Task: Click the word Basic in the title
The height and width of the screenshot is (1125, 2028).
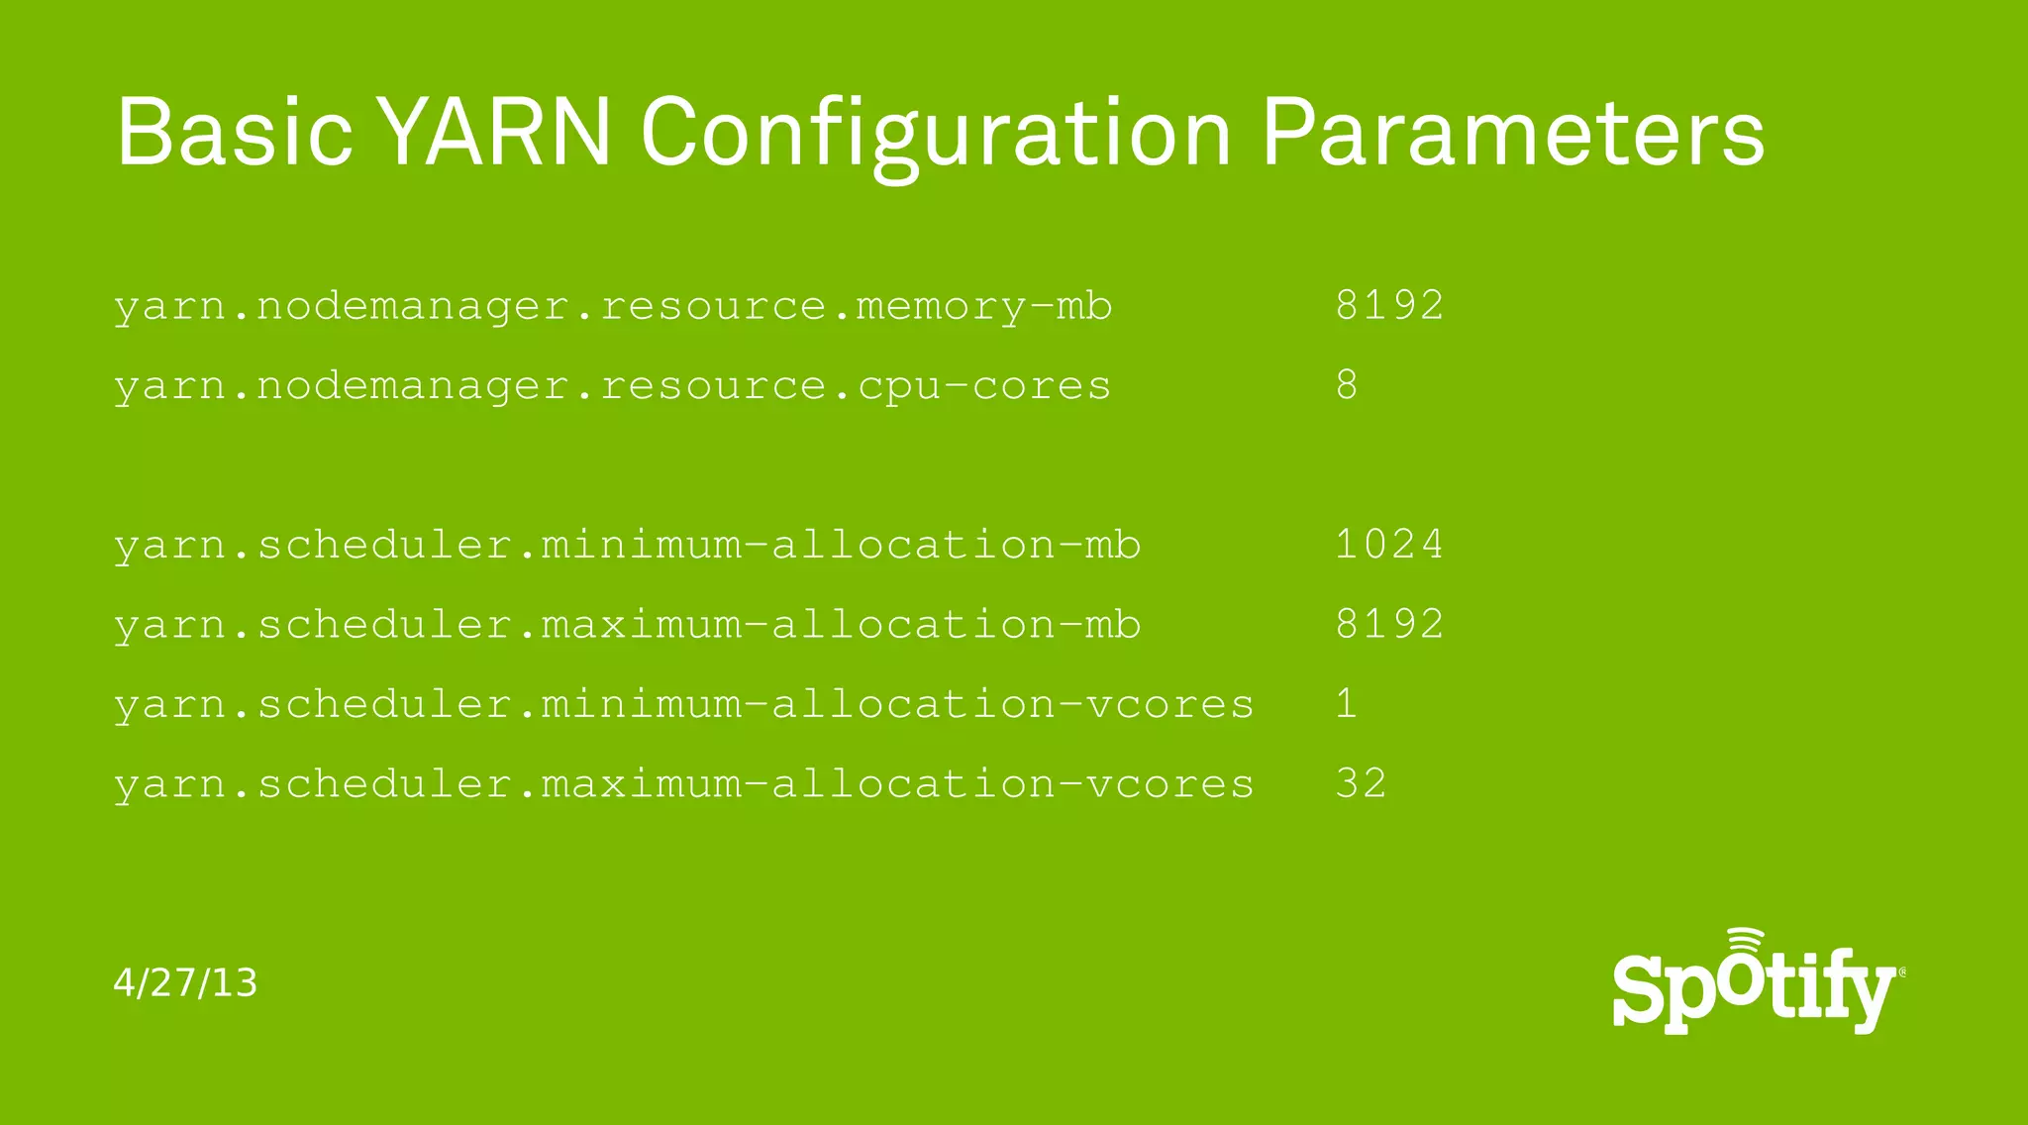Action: point(235,132)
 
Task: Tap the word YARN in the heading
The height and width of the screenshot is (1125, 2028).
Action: point(497,132)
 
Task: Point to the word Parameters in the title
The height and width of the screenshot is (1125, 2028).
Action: point(1513,132)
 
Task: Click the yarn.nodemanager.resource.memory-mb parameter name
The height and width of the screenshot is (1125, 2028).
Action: point(613,306)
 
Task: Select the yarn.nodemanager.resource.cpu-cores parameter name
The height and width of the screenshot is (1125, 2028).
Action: point(612,386)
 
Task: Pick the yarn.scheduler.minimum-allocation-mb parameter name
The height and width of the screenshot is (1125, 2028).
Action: point(627,546)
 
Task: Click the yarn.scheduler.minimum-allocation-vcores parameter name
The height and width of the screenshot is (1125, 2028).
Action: point(683,705)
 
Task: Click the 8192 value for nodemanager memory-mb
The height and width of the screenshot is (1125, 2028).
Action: point(1389,305)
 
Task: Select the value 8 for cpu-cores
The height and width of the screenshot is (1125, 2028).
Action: point(1347,385)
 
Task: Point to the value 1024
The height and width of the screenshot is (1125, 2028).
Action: point(1389,545)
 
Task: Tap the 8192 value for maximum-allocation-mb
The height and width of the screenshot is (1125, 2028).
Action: point(1389,624)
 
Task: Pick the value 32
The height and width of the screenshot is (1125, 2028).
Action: point(1361,784)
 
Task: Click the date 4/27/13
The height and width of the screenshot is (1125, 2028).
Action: point(185,983)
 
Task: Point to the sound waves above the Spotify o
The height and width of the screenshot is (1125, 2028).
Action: point(1746,939)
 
